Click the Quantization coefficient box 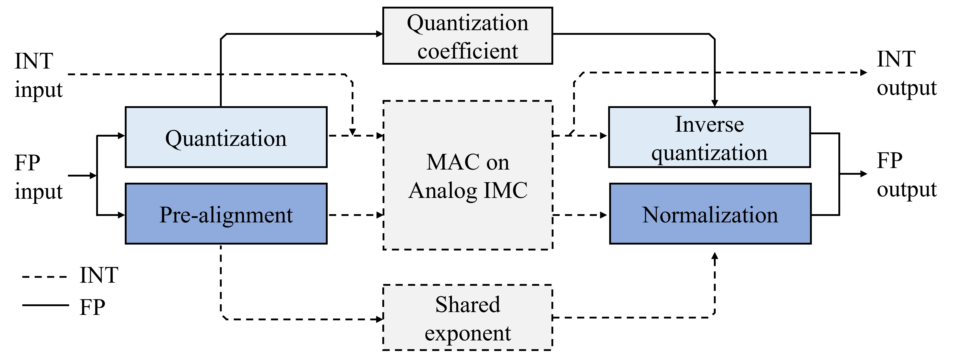pyautogui.click(x=467, y=36)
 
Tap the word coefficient pyautogui.click(x=467, y=51)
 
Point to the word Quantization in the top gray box pyautogui.click(x=467, y=23)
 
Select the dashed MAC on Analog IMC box pyautogui.click(x=467, y=223)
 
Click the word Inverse pyautogui.click(x=709, y=124)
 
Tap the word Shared pyautogui.click(x=467, y=305)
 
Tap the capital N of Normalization pyautogui.click(x=651, y=215)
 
